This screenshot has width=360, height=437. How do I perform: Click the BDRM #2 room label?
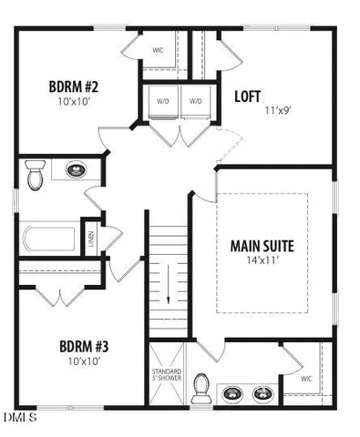coord(73,87)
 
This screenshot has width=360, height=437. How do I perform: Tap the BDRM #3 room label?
coord(84,346)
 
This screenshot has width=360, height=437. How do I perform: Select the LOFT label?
coord(250,96)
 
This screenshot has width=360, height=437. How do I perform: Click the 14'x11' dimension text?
coord(262,260)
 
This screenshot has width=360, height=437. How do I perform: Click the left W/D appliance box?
coord(162,102)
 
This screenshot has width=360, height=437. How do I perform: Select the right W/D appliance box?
coord(195,102)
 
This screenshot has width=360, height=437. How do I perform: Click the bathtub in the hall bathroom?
coord(48,239)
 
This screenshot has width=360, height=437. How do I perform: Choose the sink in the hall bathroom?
coord(75,169)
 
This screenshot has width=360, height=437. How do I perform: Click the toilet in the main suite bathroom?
coord(201,390)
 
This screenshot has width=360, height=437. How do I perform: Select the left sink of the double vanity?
coord(234,393)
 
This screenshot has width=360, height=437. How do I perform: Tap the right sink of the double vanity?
coord(263,393)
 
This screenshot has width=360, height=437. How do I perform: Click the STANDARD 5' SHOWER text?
coord(166,377)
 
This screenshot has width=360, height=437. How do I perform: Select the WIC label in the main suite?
coord(305,376)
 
